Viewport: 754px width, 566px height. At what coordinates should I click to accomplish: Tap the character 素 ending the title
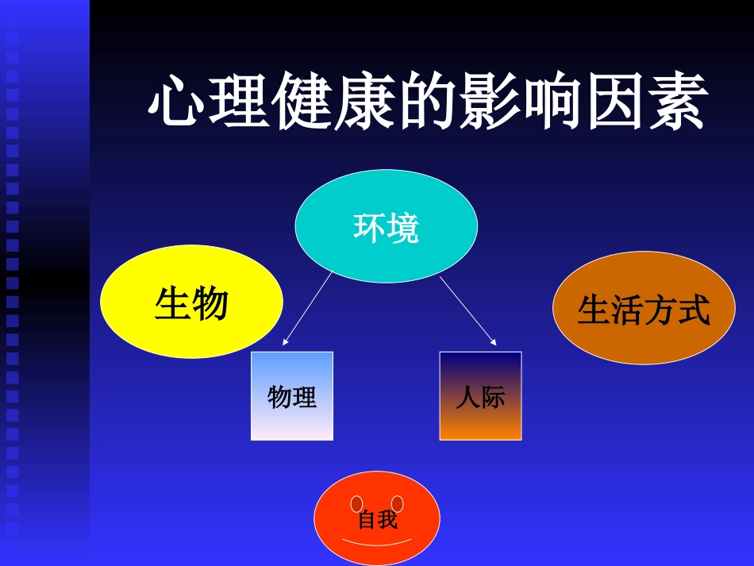tap(677, 103)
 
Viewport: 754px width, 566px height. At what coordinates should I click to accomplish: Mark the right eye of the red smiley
tap(398, 504)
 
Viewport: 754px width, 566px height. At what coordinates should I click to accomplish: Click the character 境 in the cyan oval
tap(403, 229)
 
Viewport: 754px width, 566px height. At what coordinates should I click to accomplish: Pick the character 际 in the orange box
tap(492, 397)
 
